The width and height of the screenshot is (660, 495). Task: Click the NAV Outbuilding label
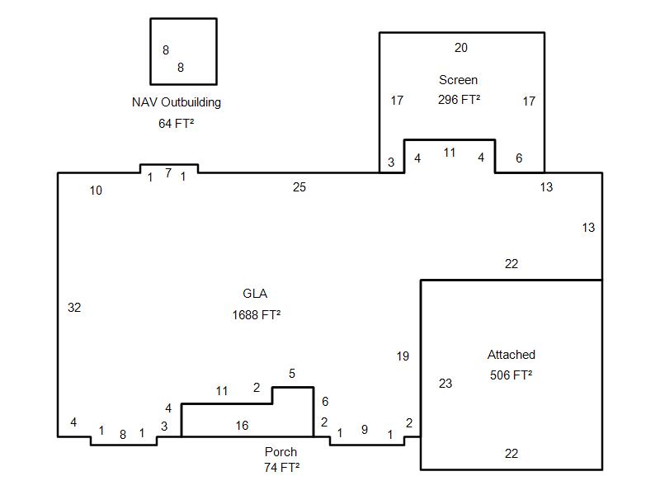(x=177, y=102)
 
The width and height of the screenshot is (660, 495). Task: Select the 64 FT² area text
(x=176, y=123)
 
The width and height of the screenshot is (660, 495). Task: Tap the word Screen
(x=458, y=79)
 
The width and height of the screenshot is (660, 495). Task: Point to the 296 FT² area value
(x=459, y=100)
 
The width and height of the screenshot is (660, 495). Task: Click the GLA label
(x=255, y=294)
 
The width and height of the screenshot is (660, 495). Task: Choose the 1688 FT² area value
(x=257, y=315)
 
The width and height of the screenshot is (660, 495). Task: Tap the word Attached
(x=511, y=355)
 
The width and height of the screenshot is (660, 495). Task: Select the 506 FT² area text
(x=511, y=375)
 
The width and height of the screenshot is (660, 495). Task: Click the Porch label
(x=280, y=451)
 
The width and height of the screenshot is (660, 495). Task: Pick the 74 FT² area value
(x=282, y=467)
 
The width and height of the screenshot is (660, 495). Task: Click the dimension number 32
(x=74, y=308)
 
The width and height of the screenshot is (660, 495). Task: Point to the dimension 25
(x=299, y=187)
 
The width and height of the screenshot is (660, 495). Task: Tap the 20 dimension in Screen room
(x=461, y=48)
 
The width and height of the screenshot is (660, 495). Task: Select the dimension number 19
(x=403, y=356)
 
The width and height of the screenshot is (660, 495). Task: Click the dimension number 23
(x=445, y=384)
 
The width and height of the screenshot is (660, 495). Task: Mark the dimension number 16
(x=242, y=426)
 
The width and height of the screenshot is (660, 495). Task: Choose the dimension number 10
(x=96, y=191)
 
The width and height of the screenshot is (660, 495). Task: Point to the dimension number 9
(x=365, y=430)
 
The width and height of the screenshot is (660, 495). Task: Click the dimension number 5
(x=292, y=374)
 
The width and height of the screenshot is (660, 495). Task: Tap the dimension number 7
(x=168, y=173)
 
